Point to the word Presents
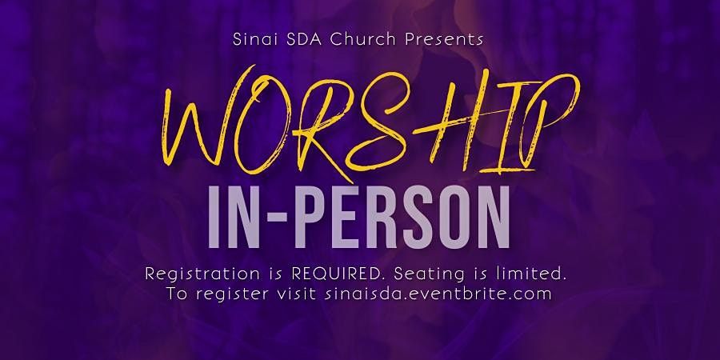pyautogui.click(x=443, y=39)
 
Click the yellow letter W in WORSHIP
pyautogui.click(x=202, y=124)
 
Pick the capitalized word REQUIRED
pyautogui.click(x=338, y=274)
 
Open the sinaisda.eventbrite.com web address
pyautogui.click(x=438, y=294)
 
